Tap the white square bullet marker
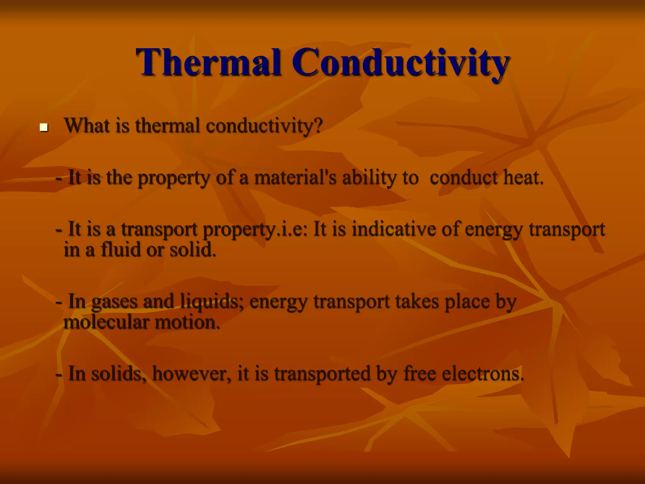[x=43, y=128]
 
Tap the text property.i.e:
[x=255, y=229]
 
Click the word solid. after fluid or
[x=193, y=250]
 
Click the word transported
[x=322, y=374]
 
